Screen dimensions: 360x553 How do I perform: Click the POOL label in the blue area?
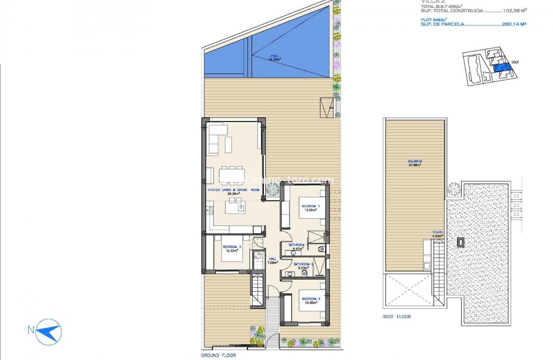coord(274,57)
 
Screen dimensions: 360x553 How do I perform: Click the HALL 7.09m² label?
coord(273,261)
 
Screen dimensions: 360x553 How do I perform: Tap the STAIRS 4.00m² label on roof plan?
coord(438,234)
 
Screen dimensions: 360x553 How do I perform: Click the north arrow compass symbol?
coord(49,329)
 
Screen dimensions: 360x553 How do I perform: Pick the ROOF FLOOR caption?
coord(396,317)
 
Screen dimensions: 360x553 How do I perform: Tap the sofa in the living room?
coord(214,140)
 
